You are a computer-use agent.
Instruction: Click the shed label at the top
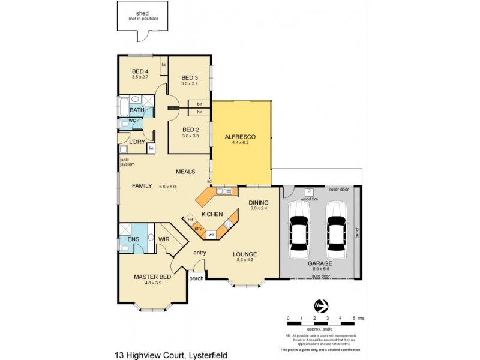(x=143, y=13)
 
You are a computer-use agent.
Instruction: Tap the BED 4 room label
(x=140, y=71)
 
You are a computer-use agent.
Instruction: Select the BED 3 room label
(x=190, y=78)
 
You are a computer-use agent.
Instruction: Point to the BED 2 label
(x=190, y=130)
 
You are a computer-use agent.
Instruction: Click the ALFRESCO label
(x=240, y=137)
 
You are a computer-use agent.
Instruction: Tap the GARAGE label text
(x=321, y=263)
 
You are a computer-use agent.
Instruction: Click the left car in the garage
(x=299, y=228)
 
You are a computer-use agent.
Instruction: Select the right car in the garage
(x=337, y=228)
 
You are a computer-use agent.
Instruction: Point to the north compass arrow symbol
(x=319, y=306)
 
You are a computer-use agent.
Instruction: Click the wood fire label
(x=310, y=199)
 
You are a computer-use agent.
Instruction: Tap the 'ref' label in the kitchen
(x=191, y=220)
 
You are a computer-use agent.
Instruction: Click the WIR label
(x=164, y=239)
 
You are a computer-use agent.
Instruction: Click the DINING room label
(x=259, y=203)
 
